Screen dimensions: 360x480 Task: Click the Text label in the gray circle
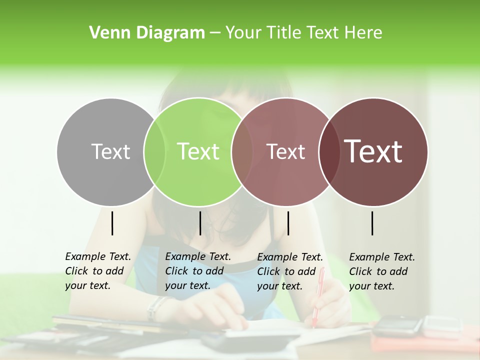(x=110, y=151)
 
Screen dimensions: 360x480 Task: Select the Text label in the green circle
(x=198, y=151)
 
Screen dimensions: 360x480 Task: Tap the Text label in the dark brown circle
(x=373, y=151)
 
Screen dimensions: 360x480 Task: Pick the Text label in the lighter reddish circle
(x=285, y=151)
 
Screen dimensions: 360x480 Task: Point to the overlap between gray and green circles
(x=154, y=151)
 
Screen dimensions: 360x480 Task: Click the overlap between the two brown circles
(x=328, y=151)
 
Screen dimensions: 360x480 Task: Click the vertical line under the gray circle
(x=112, y=223)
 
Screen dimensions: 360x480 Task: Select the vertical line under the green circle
(x=200, y=223)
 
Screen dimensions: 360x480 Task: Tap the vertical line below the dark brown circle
(x=372, y=223)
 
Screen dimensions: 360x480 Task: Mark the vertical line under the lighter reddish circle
(x=288, y=223)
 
